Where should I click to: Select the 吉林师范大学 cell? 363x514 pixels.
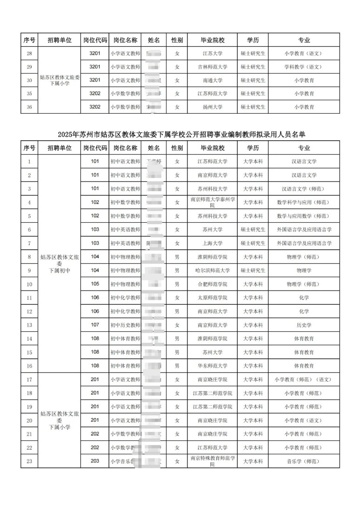212,67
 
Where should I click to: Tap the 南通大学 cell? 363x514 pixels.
212,80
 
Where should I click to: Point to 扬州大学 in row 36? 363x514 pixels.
212,107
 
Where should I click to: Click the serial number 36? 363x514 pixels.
29,107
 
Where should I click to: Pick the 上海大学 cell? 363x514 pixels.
212,243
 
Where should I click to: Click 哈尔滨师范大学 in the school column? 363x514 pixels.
212,270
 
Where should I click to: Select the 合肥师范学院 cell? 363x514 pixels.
212,284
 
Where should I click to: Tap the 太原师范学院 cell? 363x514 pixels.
212,297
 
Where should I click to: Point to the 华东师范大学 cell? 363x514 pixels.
212,366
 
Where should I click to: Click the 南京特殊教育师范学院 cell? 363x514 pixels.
212,461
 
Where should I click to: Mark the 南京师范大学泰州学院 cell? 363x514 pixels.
212,202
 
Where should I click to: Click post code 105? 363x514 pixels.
95,284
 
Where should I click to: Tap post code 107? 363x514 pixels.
95,325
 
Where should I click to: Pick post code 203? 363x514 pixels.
95,461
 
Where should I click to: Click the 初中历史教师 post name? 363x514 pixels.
125,325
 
